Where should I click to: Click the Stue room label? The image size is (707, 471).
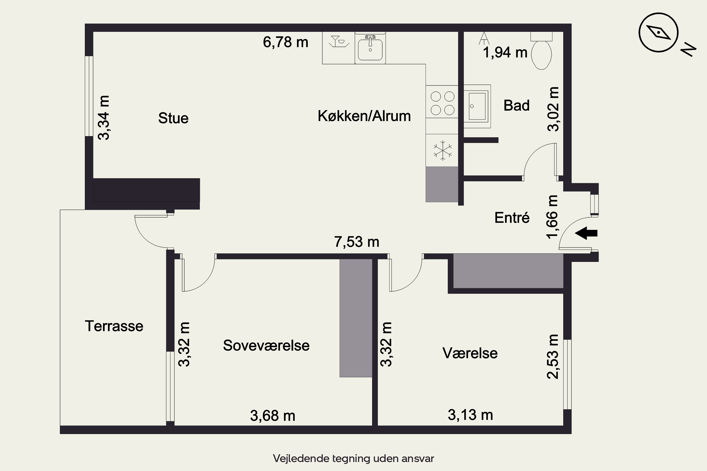(x=173, y=118)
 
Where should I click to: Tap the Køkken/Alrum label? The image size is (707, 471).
(x=364, y=116)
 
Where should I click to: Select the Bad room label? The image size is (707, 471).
(x=516, y=106)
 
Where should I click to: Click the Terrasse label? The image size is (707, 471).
(x=114, y=326)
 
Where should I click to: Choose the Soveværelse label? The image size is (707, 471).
(x=266, y=345)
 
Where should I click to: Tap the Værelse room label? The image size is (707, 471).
(x=470, y=353)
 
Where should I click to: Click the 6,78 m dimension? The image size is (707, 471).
(x=286, y=42)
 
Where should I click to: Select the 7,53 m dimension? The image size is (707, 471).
(x=357, y=242)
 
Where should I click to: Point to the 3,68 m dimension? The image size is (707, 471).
(x=273, y=416)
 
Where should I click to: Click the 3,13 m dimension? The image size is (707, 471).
(x=470, y=415)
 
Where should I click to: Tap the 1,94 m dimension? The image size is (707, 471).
(x=505, y=53)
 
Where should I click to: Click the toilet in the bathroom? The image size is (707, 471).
(x=541, y=51)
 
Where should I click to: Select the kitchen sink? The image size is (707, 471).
(x=370, y=48)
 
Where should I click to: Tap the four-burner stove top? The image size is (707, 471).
(x=442, y=102)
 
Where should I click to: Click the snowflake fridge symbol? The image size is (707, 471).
(x=443, y=150)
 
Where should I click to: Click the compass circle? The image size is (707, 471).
(x=658, y=32)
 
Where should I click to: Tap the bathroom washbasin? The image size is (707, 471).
(x=477, y=106)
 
